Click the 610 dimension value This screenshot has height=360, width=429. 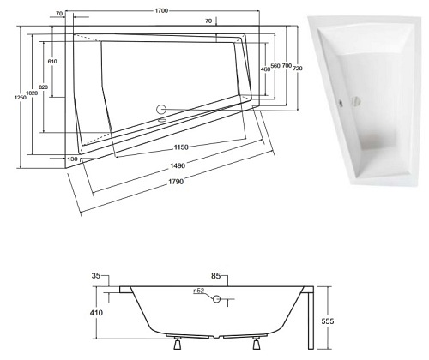click(51, 62)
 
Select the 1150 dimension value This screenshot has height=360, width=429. click(177, 147)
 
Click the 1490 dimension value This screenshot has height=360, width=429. click(178, 165)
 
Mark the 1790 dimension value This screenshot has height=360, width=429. click(177, 182)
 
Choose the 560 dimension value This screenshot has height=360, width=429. click(276, 65)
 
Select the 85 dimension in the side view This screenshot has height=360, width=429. click(216, 276)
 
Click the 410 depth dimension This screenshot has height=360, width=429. click(96, 313)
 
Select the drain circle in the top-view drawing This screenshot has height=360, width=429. click(160, 110)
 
